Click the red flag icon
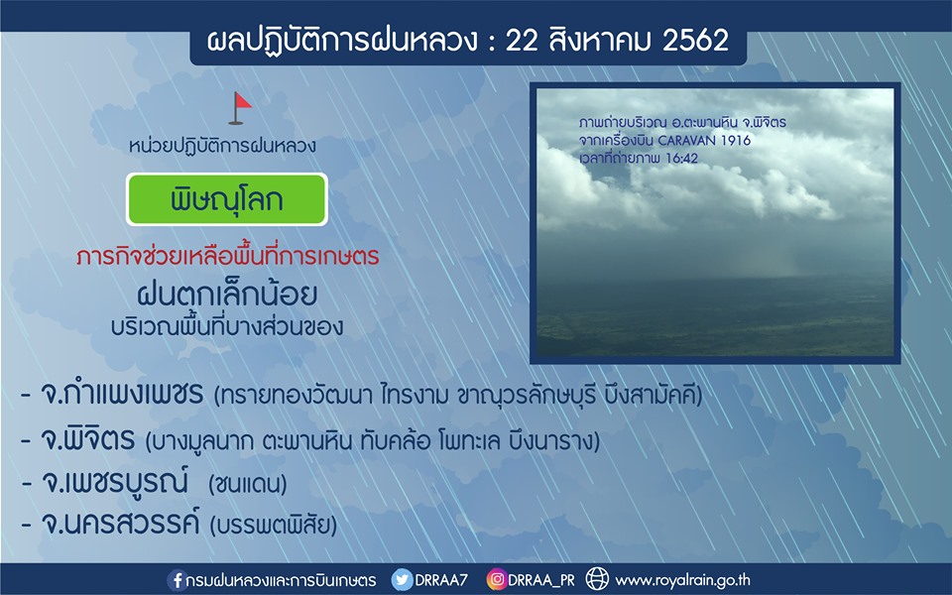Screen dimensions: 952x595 click(240, 108)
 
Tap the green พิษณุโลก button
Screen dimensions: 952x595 click(226, 199)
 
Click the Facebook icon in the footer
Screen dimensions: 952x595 click(177, 580)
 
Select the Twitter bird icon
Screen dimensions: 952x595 click(402, 580)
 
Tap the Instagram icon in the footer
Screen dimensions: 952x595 click(496, 580)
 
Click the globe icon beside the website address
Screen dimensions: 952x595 click(597, 579)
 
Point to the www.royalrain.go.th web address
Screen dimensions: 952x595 click(682, 580)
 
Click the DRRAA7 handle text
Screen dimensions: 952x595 click(441, 580)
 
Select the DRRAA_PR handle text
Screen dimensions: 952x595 click(541, 580)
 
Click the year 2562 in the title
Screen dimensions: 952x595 click(695, 41)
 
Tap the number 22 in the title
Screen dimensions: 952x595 click(522, 41)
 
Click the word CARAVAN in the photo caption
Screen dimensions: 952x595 click(687, 140)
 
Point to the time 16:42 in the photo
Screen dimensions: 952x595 click(682, 159)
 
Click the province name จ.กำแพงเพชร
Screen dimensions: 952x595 click(121, 394)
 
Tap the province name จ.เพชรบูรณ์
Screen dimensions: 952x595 click(114, 482)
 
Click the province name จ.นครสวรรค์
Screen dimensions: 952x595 click(120, 523)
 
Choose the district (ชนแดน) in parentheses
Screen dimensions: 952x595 click(247, 484)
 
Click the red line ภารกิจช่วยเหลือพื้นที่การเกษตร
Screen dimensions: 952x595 click(228, 256)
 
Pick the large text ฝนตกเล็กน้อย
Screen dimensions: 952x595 click(227, 294)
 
